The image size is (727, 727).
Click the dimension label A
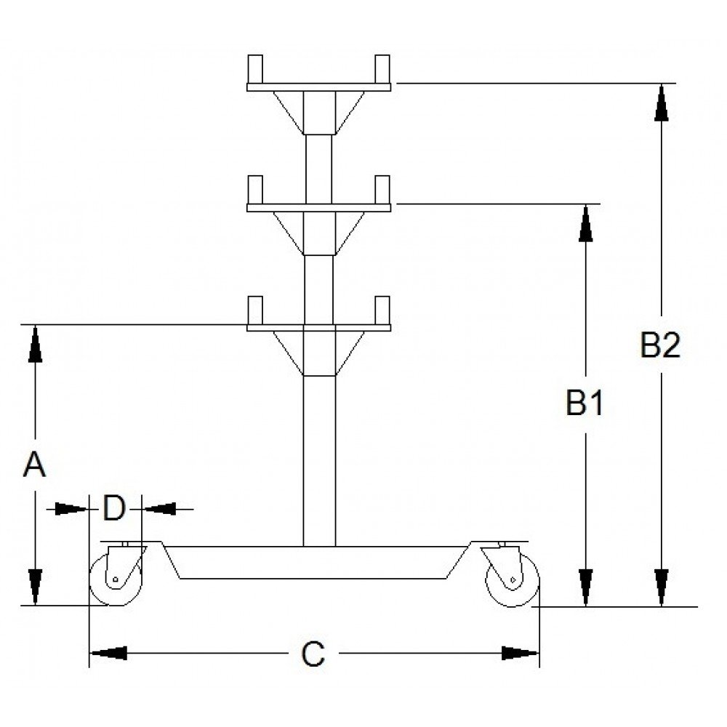tap(34, 465)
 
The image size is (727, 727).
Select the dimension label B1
tap(585, 403)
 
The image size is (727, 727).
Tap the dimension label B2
tap(660, 345)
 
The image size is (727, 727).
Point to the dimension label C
tap(313, 654)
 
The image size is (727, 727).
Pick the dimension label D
tap(114, 508)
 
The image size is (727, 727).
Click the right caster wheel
tap(513, 580)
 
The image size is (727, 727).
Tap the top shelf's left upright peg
tap(255, 69)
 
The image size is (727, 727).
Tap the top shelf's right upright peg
tap(382, 69)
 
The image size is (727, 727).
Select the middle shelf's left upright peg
tap(255, 190)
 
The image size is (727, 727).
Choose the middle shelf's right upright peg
tap(382, 190)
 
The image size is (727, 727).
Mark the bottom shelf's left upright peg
tap(255, 310)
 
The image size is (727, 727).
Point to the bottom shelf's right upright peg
tap(382, 310)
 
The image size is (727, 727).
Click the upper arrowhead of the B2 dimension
tap(662, 103)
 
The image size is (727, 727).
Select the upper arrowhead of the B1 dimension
tap(586, 223)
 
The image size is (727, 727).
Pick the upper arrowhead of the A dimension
tap(35, 344)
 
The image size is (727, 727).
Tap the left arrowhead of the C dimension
tap(108, 653)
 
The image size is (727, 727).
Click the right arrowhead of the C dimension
tap(521, 653)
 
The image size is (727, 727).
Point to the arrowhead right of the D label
tap(160, 509)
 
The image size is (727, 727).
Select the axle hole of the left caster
tap(116, 579)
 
